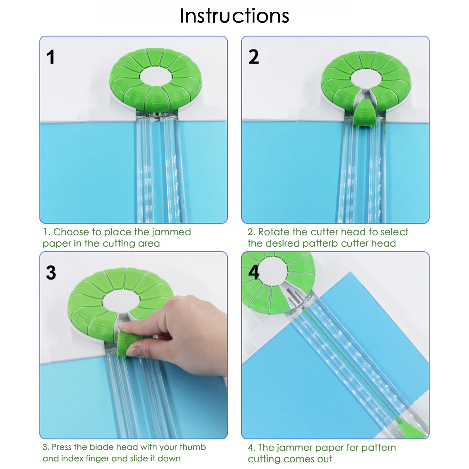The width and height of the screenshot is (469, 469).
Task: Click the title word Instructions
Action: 234,16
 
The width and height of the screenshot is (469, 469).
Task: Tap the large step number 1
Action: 51,57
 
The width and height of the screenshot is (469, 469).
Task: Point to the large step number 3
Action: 51,273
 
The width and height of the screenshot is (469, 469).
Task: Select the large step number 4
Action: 254,272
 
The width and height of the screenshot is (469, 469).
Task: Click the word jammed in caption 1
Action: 171,232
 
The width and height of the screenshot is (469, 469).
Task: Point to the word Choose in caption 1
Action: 71,232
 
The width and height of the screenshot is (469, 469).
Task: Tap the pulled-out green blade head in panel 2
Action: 364,113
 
